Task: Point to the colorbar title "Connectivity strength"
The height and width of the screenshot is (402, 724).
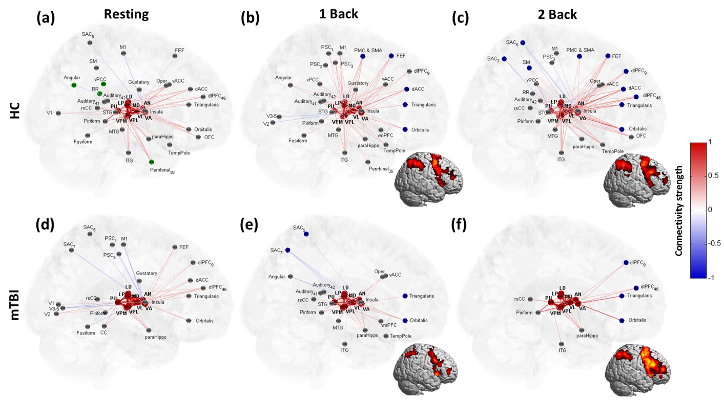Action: coord(678,210)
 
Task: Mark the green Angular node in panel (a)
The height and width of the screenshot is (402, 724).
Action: coord(74,85)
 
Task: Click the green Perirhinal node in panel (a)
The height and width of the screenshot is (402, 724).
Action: coord(152,162)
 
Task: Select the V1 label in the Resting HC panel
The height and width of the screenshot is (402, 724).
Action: coord(49,113)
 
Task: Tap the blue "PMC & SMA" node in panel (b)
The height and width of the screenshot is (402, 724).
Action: coord(363,56)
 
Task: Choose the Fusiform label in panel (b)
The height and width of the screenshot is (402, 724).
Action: coord(297,141)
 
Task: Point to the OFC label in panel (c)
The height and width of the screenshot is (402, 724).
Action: coord(641,136)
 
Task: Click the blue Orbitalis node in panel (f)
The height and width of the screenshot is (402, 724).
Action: coord(622,321)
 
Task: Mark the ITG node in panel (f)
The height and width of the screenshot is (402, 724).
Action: coord(562,344)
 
